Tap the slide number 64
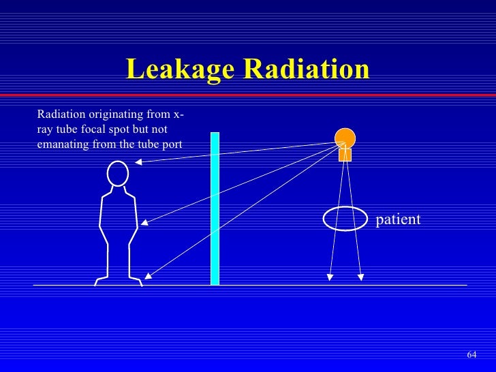coord(471,355)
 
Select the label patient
coord(398,219)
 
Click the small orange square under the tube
coord(345,155)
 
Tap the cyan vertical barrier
coord(215,208)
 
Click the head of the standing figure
coord(119,174)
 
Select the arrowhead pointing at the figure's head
coord(138,162)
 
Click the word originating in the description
coord(113,113)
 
